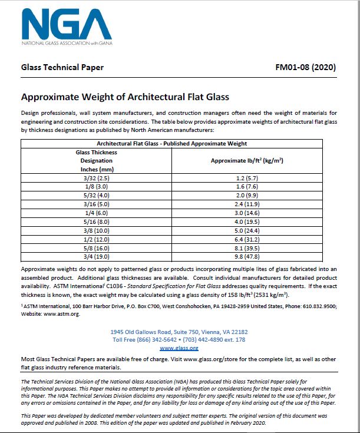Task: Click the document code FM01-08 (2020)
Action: pyautogui.click(x=305, y=67)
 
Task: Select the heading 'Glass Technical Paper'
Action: pyautogui.click(x=62, y=67)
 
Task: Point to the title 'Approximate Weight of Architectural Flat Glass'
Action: pyautogui.click(x=125, y=97)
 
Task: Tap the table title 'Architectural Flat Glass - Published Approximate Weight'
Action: pyautogui.click(x=171, y=143)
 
